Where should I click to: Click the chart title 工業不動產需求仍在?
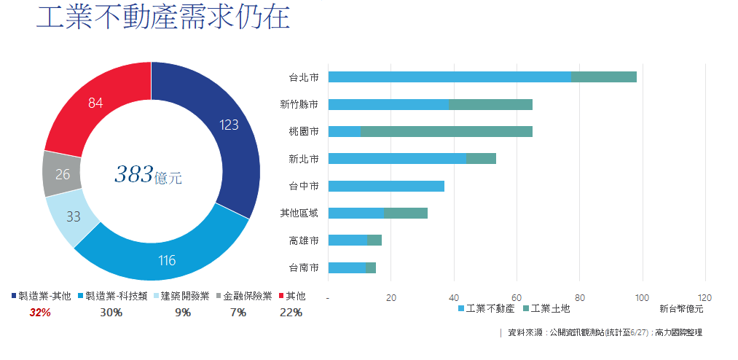pos(163,20)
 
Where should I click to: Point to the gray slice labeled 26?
pos(63,174)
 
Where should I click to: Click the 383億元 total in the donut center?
pos(148,174)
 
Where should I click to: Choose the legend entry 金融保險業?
pos(247,296)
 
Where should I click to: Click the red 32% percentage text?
pos(40,313)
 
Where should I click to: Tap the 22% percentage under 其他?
pos(291,313)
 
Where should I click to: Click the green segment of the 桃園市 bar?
pos(446,131)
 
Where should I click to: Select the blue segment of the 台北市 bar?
pos(449,77)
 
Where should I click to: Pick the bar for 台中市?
pos(386,186)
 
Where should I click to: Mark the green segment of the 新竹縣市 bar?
pos(490,104)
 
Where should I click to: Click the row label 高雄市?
pos(304,240)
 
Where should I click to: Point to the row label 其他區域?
pos(299,213)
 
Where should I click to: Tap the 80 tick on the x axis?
pos(580,297)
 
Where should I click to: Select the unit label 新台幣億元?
pos(681,309)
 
